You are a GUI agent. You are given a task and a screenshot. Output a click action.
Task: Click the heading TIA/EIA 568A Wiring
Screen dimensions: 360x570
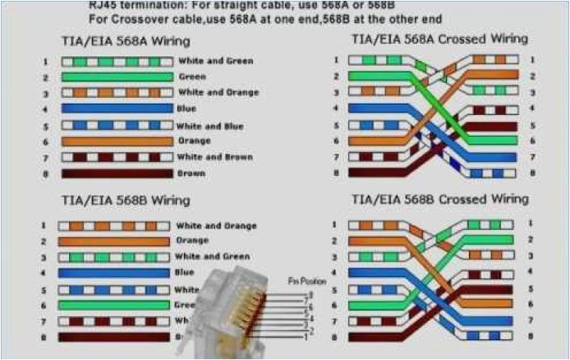(125, 41)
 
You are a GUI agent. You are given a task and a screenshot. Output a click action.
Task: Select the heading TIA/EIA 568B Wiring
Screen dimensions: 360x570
(125, 200)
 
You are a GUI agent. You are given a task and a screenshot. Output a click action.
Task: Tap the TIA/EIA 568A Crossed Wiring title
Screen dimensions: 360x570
(439, 38)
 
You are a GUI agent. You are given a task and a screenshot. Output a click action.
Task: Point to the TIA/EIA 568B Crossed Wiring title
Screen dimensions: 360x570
(439, 200)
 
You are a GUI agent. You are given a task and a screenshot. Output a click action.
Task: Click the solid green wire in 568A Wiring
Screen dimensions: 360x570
(117, 77)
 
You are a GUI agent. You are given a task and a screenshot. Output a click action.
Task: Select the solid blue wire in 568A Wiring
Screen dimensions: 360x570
(117, 109)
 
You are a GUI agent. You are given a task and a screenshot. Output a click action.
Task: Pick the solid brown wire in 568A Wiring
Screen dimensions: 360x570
(117, 173)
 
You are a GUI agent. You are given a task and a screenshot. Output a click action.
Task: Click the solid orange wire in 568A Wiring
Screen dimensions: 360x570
(117, 141)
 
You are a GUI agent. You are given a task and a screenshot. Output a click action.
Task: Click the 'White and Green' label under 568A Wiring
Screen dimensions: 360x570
(215, 61)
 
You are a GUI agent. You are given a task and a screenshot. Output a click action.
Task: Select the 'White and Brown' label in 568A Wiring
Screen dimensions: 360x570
(215, 157)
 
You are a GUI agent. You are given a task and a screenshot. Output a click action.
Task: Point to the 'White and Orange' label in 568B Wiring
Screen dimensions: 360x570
(216, 225)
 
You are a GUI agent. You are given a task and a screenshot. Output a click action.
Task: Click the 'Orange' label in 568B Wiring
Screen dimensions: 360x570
(193, 240)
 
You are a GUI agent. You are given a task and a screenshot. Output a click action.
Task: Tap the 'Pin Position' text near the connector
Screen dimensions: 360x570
(307, 280)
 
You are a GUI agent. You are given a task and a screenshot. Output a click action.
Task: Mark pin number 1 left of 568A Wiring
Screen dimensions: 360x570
(46, 61)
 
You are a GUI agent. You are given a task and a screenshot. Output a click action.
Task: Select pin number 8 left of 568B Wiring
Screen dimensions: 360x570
(46, 337)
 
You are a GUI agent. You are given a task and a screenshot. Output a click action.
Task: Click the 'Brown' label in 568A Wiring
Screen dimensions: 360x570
(192, 173)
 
